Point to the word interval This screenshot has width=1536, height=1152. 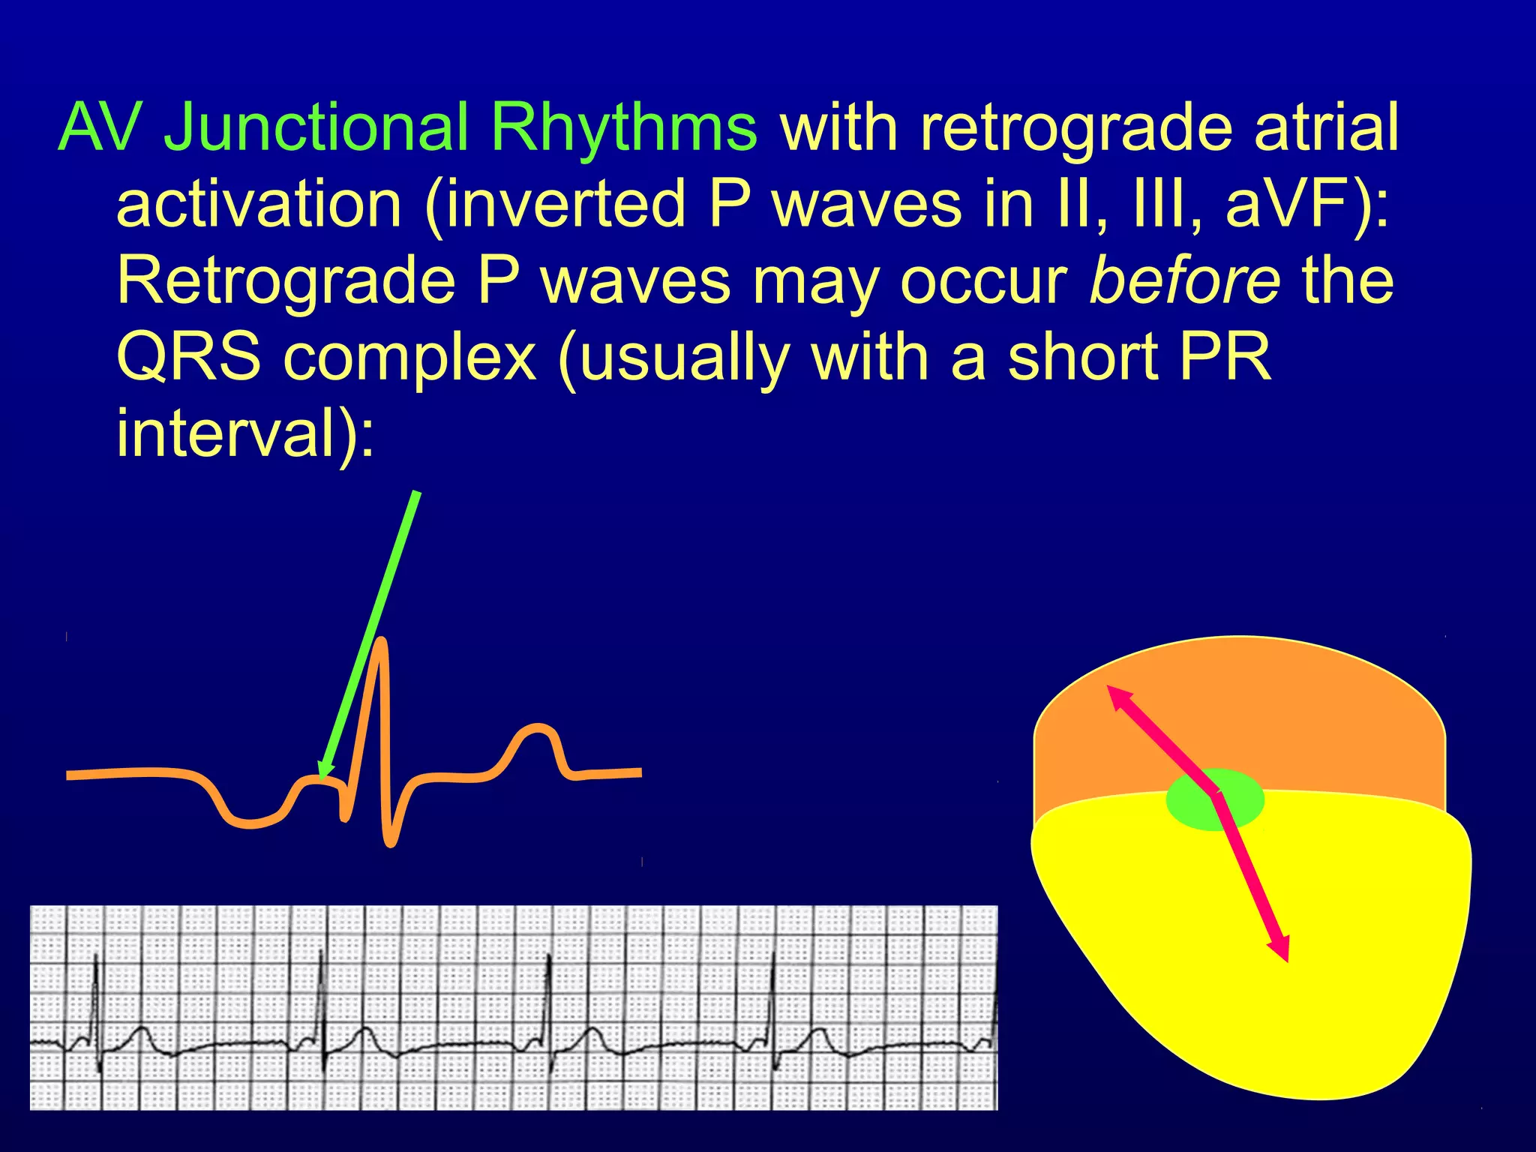point(225,434)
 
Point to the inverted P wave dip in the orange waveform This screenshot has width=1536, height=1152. point(251,822)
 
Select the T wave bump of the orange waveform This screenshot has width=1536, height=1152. point(535,729)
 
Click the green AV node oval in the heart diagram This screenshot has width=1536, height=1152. point(1215,799)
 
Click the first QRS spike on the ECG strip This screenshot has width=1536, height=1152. point(96,975)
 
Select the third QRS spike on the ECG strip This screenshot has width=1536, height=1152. point(549,975)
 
